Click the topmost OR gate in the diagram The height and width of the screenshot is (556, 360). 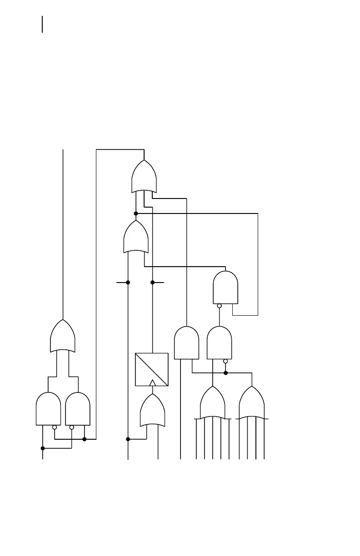[x=144, y=177]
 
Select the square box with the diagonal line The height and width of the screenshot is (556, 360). [x=152, y=369]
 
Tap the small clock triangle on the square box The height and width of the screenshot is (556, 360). [x=152, y=383]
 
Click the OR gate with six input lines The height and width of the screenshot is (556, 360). [x=213, y=403]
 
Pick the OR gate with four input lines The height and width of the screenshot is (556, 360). [x=252, y=403]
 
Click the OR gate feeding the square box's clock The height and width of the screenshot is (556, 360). [x=152, y=411]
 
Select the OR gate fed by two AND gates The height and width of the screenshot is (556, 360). [x=63, y=337]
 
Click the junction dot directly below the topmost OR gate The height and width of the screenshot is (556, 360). [x=136, y=213]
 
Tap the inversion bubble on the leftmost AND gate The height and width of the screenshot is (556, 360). [x=55, y=427]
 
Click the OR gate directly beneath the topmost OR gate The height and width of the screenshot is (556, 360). [x=136, y=237]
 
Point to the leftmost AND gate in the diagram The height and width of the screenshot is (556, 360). [x=48, y=409]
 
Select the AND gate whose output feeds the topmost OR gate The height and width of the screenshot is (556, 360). [x=186, y=343]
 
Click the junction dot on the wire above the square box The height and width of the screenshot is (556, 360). [x=153, y=283]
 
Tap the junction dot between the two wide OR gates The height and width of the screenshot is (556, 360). [x=225, y=373]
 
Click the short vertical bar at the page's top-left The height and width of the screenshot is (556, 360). [x=42, y=25]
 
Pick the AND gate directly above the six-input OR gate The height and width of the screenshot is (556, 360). [x=219, y=343]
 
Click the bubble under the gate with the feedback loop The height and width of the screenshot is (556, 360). [x=219, y=306]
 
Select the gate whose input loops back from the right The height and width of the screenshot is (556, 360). [x=225, y=288]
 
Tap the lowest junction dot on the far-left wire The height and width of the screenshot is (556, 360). [x=43, y=448]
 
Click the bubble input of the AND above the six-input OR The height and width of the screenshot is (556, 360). [x=225, y=361]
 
